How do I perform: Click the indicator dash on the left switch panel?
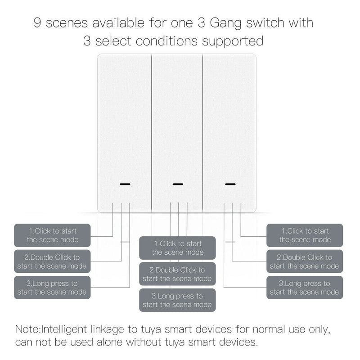click(x=124, y=184)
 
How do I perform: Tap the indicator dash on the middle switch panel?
click(x=178, y=184)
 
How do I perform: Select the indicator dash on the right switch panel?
click(x=230, y=184)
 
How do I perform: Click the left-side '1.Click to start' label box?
click(x=52, y=235)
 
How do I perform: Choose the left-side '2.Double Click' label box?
click(x=52, y=261)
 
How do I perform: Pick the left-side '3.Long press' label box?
click(x=52, y=288)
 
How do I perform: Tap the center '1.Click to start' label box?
click(x=177, y=248)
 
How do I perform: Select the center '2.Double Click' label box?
click(x=177, y=274)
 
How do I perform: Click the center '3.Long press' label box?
click(x=177, y=300)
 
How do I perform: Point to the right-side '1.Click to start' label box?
click(x=305, y=235)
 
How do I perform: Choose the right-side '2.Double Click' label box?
click(x=305, y=261)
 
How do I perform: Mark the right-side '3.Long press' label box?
click(x=305, y=288)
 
